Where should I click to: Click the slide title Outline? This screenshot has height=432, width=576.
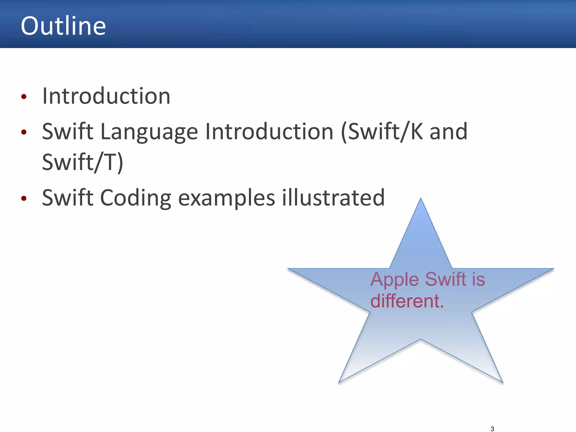(63, 26)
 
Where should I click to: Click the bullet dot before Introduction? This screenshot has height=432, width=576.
(24, 97)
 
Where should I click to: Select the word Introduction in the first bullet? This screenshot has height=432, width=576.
(106, 96)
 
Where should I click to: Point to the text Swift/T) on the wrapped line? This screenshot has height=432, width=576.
(82, 162)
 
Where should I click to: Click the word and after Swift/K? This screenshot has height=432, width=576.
(448, 131)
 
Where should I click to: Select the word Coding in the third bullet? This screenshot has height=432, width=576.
(135, 198)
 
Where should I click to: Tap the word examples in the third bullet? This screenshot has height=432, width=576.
(226, 198)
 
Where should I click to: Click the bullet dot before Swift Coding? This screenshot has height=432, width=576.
(24, 199)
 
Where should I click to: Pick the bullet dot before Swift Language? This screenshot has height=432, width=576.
(24, 132)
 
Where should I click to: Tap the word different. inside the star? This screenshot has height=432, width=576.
(407, 301)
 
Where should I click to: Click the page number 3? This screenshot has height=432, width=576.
(492, 429)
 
